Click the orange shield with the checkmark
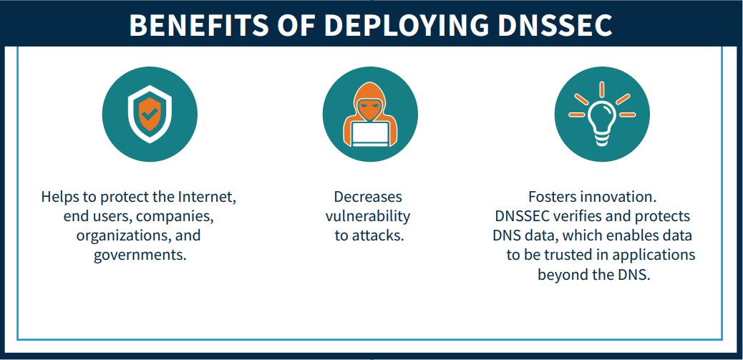[x=150, y=115]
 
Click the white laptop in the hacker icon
[x=370, y=134]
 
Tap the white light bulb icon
[x=601, y=122]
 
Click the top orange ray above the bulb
[x=601, y=89]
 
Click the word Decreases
[x=368, y=197]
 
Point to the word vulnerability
[x=368, y=216]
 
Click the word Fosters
[x=552, y=197]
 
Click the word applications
[x=654, y=255]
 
